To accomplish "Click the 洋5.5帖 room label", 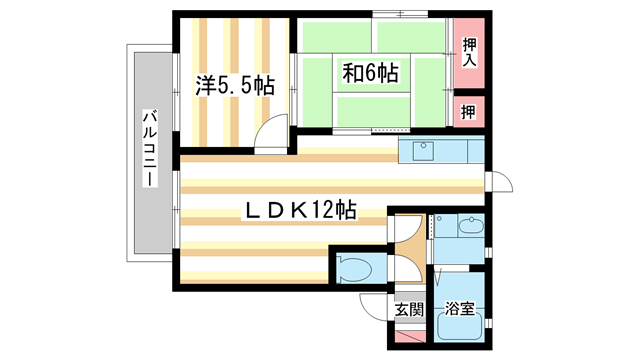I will (235, 86).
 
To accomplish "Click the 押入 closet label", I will (470, 52).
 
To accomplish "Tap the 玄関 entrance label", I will (408, 310).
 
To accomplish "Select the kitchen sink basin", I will (419, 152).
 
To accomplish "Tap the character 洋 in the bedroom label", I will (206, 86).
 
